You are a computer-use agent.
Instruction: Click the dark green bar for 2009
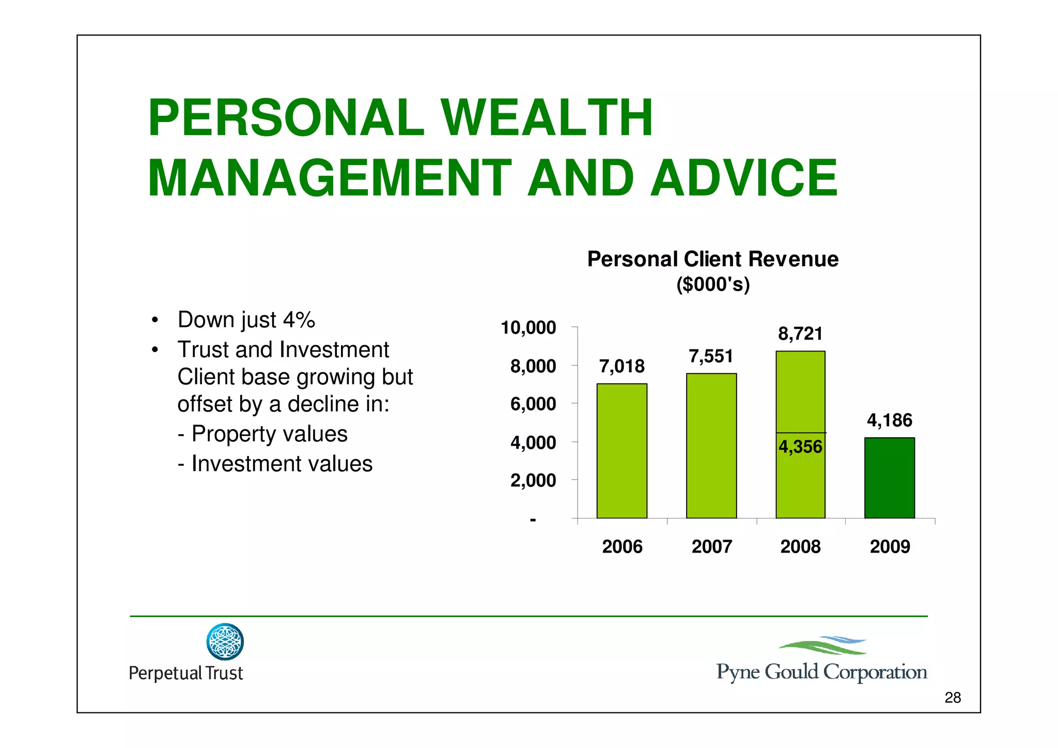click(889, 478)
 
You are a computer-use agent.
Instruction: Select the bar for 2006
click(621, 451)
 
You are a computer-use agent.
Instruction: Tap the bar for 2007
click(711, 446)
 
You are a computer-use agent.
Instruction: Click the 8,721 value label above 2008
click(800, 334)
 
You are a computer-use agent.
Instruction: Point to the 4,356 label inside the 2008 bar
click(800, 447)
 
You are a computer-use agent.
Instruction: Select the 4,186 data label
click(889, 420)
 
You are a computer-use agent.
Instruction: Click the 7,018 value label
click(621, 367)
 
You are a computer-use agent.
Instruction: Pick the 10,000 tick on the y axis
click(528, 328)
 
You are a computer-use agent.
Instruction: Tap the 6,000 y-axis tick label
click(533, 404)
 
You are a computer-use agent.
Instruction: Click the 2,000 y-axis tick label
click(533, 480)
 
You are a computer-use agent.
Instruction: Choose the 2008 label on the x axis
click(800, 546)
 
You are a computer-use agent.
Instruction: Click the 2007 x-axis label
click(711, 546)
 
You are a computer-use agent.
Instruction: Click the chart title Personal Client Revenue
click(712, 259)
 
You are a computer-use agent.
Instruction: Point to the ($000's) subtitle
click(712, 284)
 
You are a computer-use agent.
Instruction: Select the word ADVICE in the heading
click(743, 178)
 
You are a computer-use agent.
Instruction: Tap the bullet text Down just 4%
click(246, 319)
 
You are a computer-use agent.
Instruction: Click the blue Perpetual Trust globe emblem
click(225, 642)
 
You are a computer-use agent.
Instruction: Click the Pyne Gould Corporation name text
click(821, 672)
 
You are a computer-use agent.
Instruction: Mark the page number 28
click(952, 698)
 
